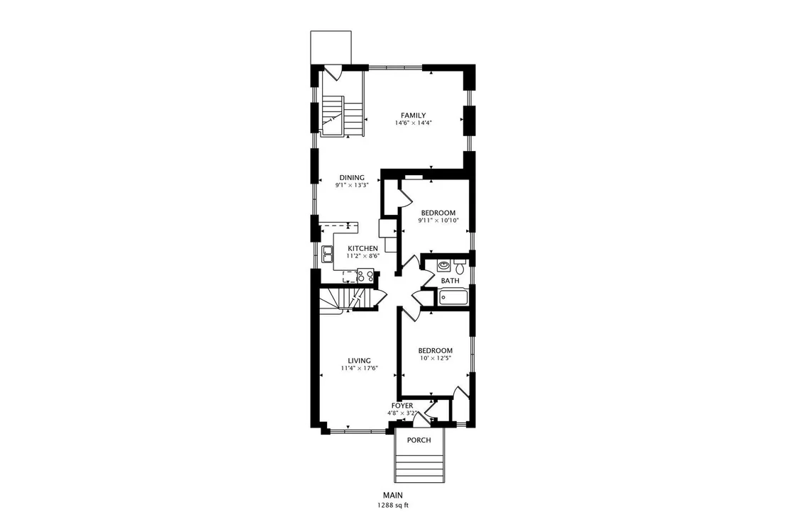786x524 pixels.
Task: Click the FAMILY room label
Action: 413,115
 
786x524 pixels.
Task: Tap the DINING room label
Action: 352,177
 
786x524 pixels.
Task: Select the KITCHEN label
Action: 363,248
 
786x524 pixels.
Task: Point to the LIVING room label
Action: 360,361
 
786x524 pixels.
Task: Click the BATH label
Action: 450,281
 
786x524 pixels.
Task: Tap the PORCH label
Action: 419,440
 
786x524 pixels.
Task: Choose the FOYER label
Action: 402,406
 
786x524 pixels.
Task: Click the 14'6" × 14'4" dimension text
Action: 414,123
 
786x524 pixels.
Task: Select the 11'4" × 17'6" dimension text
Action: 360,368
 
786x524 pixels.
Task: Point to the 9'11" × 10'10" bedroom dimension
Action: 438,221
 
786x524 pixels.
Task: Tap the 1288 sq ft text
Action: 393,506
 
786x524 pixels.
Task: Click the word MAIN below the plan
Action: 393,496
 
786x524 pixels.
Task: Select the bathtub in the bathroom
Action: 454,298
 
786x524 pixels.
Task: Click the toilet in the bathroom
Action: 460,265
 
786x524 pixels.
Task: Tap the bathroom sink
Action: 443,265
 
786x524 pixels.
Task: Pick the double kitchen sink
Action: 328,255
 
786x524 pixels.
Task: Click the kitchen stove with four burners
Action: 365,276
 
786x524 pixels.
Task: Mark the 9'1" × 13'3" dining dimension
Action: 352,185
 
